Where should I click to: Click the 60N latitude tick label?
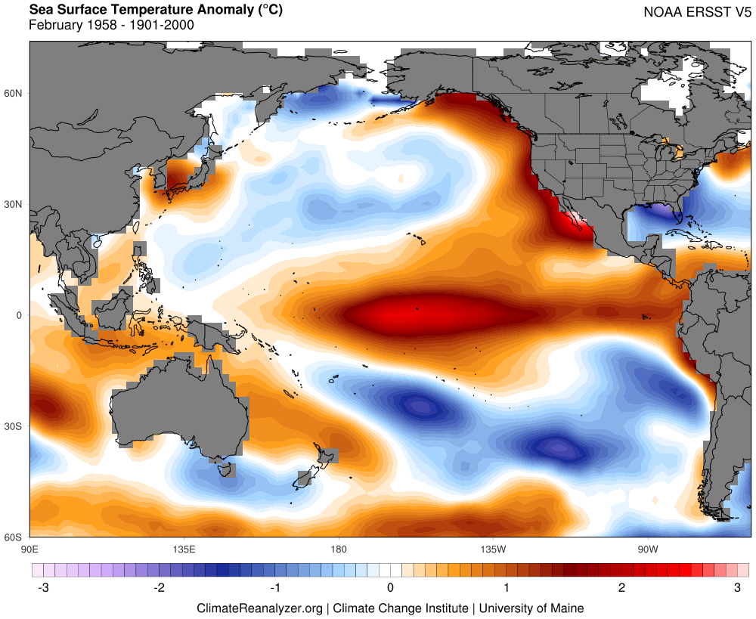[x=14, y=93]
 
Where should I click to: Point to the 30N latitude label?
[x=14, y=204]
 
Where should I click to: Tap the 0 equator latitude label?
[x=20, y=315]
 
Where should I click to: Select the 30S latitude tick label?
[x=14, y=426]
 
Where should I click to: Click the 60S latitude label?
[x=14, y=537]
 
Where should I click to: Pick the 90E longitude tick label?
[x=30, y=548]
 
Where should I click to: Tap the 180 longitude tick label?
[x=338, y=548]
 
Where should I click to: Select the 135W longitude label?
[x=492, y=548]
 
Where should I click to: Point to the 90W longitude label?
[x=646, y=548]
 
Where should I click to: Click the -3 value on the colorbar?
[x=44, y=587]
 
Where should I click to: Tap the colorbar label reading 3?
[x=737, y=587]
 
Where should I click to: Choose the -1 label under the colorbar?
[x=274, y=587]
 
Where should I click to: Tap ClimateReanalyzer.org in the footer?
[x=259, y=608]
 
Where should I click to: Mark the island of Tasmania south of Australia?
[x=225, y=469]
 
